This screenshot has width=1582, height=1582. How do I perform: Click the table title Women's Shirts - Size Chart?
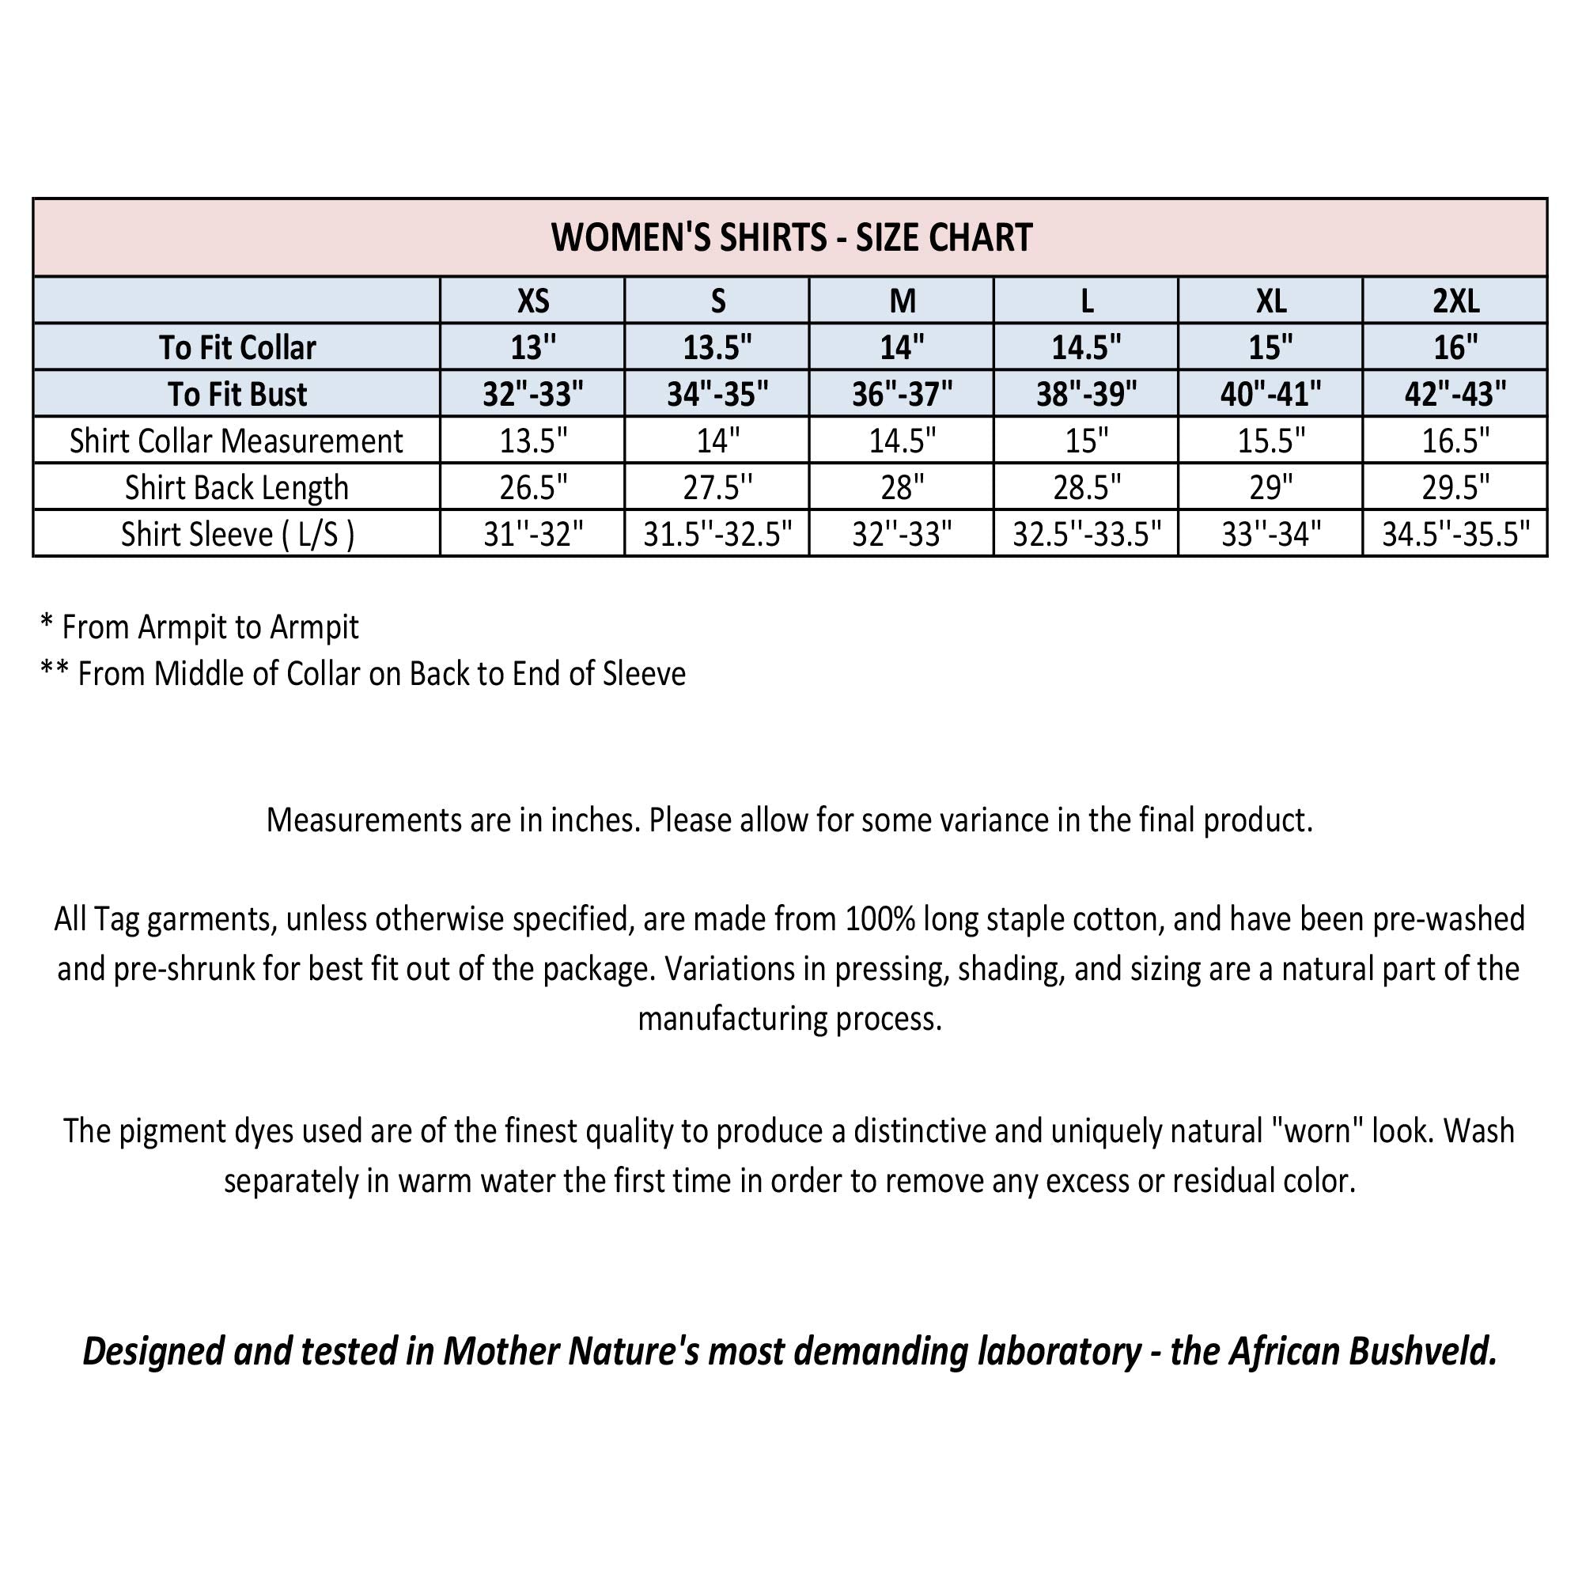click(791, 237)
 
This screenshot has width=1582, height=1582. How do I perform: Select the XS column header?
click(533, 301)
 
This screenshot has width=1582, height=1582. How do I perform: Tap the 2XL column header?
click(1455, 301)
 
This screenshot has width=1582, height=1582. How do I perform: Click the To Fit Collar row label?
click(237, 348)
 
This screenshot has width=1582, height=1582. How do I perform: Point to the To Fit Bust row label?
click(237, 395)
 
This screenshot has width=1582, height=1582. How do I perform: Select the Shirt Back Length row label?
click(237, 488)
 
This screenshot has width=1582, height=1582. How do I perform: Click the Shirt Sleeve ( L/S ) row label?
click(237, 535)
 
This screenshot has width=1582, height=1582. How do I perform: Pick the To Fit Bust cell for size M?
click(902, 395)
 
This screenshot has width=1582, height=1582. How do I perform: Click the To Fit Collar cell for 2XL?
click(1455, 348)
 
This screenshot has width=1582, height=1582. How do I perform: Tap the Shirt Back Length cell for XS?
click(533, 488)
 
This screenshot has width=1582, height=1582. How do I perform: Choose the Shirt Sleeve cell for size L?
click(1087, 535)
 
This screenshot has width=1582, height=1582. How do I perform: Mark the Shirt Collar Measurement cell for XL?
click(1271, 441)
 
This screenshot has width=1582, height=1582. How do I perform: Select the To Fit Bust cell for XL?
click(1271, 395)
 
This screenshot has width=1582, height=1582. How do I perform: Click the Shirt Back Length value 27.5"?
click(717, 488)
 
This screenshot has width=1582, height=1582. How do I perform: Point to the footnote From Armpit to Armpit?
click(210, 627)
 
